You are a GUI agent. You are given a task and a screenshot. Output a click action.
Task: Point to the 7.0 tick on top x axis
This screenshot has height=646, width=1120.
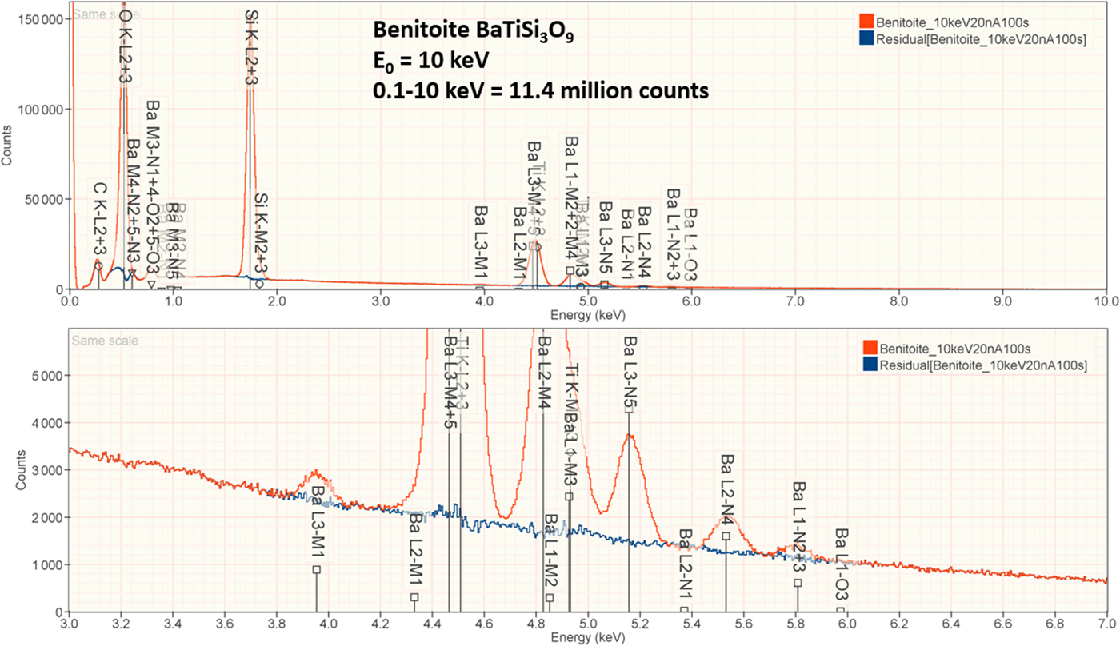pos(794,301)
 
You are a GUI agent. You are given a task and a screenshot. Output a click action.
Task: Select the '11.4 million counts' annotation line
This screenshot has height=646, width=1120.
pos(541,91)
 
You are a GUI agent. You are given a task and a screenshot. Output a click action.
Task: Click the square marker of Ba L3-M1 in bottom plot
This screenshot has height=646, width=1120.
pos(317,569)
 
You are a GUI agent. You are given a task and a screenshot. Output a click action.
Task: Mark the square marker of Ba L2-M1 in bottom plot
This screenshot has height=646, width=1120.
pos(414,597)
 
